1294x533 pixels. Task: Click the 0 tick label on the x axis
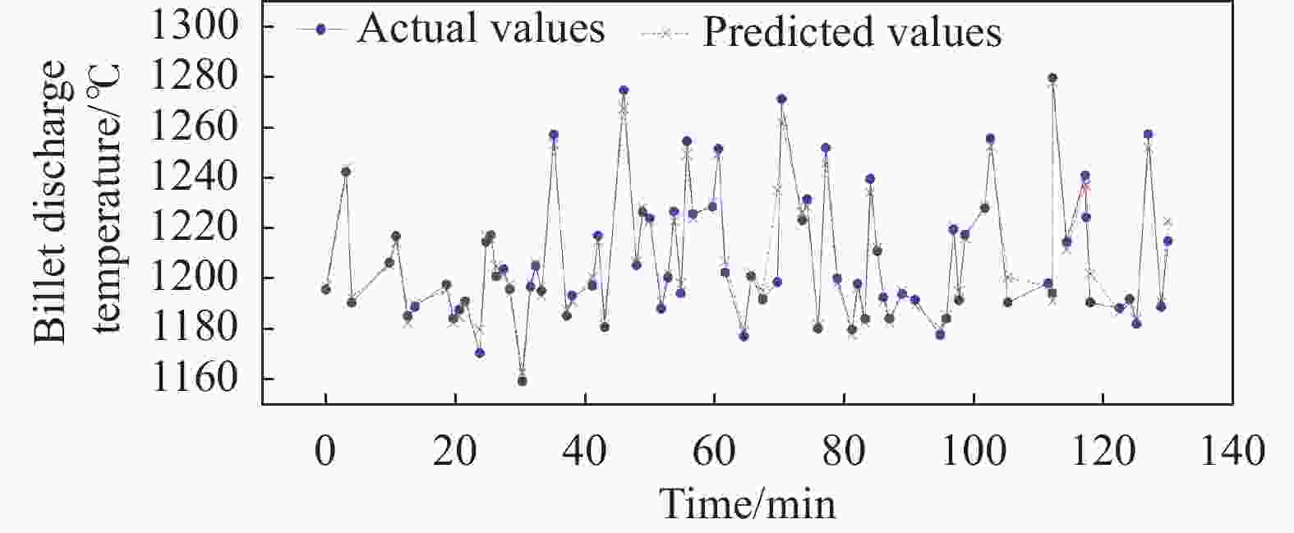326,451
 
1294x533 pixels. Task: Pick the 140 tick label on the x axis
1232,451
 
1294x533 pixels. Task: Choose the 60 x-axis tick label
714,451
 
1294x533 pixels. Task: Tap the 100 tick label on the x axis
973,451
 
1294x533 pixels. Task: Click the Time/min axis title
748,503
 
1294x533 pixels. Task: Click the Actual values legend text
481,29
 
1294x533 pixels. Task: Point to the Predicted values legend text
852,32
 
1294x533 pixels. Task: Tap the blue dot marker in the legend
321,30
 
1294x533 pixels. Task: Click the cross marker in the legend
667,32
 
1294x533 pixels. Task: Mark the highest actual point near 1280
1052,78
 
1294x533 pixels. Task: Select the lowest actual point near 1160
522,380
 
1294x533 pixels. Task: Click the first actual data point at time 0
326,289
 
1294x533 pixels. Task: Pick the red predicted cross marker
1085,187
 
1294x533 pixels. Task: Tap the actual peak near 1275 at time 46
624,90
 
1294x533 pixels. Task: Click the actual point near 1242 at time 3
346,172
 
